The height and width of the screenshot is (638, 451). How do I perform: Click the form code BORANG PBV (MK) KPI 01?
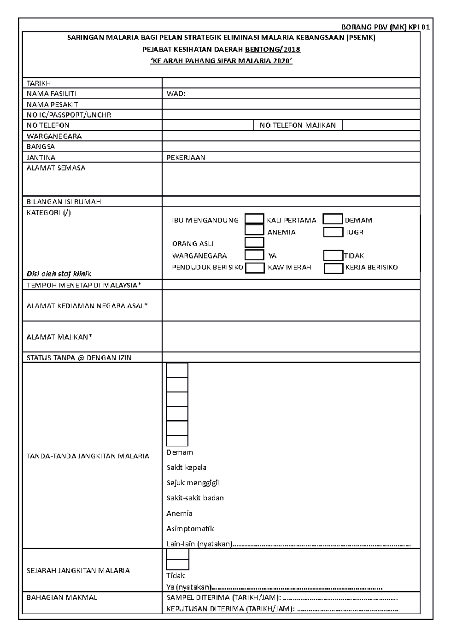click(x=385, y=27)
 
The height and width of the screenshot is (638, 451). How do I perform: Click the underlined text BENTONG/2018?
click(x=272, y=50)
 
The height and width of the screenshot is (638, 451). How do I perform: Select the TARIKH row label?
click(x=39, y=83)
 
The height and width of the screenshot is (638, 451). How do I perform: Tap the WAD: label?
click(x=176, y=94)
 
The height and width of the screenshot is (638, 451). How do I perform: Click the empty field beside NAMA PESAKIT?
click(x=291, y=104)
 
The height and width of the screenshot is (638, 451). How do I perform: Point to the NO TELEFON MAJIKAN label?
click(x=298, y=125)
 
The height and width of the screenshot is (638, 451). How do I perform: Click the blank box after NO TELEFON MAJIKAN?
click(x=380, y=125)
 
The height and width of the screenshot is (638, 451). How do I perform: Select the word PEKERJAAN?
click(x=186, y=157)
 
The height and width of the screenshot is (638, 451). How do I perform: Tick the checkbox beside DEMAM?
click(x=333, y=219)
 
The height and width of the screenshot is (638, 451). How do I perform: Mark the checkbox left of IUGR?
click(x=333, y=232)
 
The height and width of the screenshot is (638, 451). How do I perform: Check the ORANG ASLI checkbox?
click(x=254, y=242)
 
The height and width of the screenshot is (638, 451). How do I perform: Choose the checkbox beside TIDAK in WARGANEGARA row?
click(x=333, y=256)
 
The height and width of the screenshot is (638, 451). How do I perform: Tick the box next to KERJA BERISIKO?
click(x=333, y=268)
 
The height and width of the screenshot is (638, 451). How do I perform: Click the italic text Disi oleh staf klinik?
click(x=59, y=274)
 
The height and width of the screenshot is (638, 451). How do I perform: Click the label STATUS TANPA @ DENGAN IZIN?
click(x=79, y=358)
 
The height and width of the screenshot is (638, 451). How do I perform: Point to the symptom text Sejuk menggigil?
click(x=192, y=483)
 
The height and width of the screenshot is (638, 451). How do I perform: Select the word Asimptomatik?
click(x=190, y=529)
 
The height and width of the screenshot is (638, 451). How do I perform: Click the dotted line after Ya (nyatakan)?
click(x=297, y=588)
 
